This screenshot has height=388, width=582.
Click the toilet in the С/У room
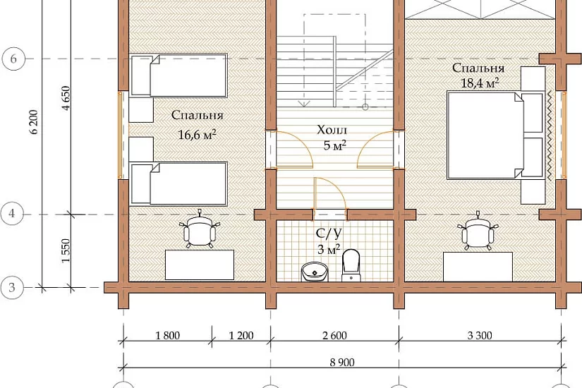point(351,265)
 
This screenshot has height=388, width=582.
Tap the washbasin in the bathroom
point(315,272)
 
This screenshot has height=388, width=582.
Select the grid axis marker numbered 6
point(13,59)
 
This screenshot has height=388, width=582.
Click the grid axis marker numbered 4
point(12,214)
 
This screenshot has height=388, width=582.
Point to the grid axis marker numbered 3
point(12,287)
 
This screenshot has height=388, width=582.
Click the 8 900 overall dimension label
point(342,362)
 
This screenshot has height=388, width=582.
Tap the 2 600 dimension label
point(334,336)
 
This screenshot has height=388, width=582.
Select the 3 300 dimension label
point(480,336)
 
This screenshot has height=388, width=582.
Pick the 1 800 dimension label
point(167,336)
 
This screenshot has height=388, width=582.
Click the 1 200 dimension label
point(241,336)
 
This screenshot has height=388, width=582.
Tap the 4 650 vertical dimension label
point(66,98)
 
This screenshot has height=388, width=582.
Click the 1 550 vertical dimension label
point(66,250)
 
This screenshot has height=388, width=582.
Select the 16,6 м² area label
point(197,134)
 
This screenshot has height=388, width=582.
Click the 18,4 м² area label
point(480,83)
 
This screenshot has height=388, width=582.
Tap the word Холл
point(332,130)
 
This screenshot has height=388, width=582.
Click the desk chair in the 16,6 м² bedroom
point(200,231)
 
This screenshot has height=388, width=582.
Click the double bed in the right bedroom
point(495,135)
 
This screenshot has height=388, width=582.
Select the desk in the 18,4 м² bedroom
point(478,267)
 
